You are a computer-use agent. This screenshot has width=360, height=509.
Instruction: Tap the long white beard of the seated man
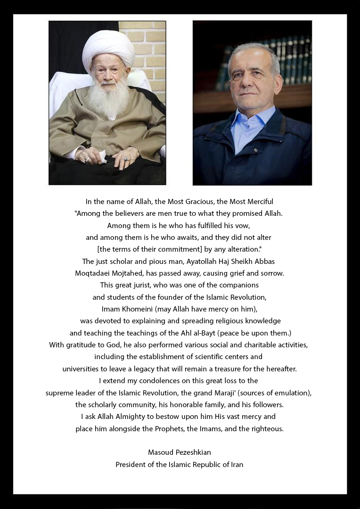click(x=109, y=99)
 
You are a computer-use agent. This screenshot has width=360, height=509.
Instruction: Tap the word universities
click(x=82, y=369)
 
